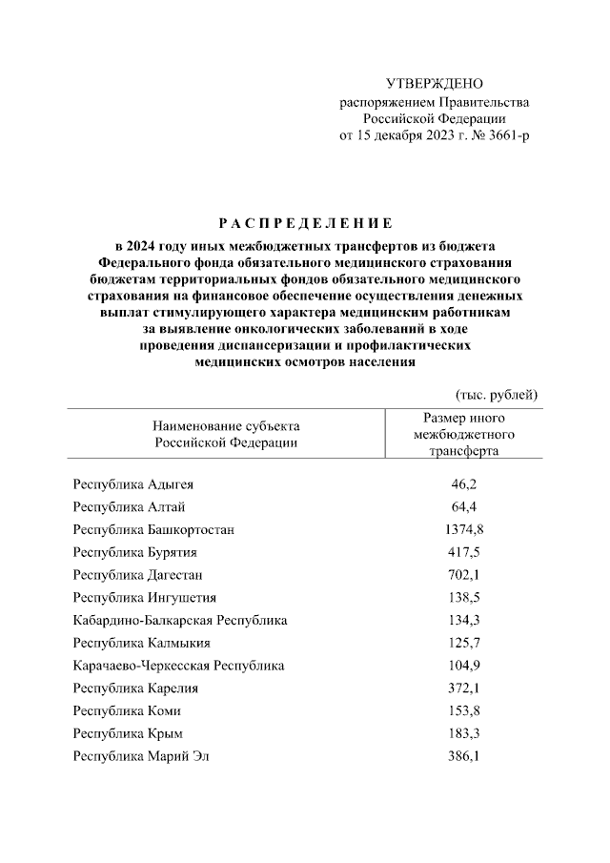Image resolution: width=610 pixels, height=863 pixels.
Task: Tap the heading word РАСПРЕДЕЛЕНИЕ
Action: click(x=305, y=225)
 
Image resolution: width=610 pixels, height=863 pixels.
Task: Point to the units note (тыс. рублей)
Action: click(x=497, y=394)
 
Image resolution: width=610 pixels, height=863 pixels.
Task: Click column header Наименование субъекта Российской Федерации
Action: click(x=226, y=434)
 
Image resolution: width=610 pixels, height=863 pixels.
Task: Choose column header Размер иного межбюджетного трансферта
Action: click(x=463, y=435)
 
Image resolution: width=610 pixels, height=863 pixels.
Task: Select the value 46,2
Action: click(x=463, y=484)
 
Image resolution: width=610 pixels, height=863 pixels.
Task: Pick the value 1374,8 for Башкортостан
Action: click(x=463, y=528)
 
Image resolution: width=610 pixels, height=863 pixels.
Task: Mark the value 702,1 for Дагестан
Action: click(x=463, y=575)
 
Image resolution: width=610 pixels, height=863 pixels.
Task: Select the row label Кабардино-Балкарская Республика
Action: click(x=180, y=621)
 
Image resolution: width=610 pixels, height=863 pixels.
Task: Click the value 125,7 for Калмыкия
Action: click(x=463, y=644)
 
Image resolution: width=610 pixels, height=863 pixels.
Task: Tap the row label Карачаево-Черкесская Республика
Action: click(x=178, y=666)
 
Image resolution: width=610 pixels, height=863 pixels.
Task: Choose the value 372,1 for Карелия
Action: click(x=463, y=688)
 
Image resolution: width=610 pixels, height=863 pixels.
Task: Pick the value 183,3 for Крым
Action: click(x=463, y=733)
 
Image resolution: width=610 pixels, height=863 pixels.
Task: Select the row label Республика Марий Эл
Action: click(x=140, y=756)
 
